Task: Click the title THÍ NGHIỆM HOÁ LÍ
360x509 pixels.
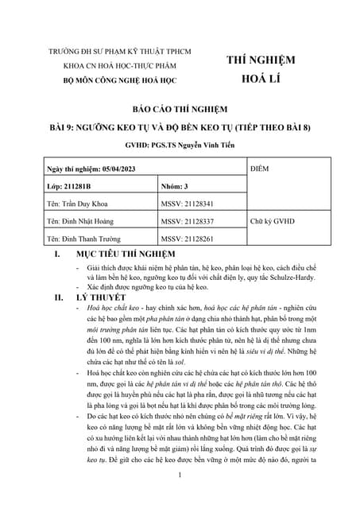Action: click(261, 69)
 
